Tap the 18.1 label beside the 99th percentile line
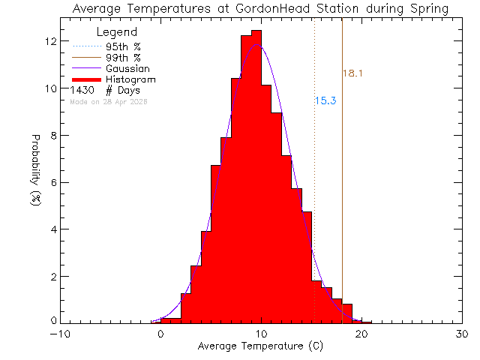click(x=353, y=73)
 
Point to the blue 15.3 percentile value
click(x=324, y=100)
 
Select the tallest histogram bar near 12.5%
click(x=256, y=172)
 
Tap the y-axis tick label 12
click(x=50, y=41)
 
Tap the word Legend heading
click(x=117, y=32)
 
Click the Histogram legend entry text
click(x=131, y=79)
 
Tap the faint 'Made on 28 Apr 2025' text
click(x=109, y=102)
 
